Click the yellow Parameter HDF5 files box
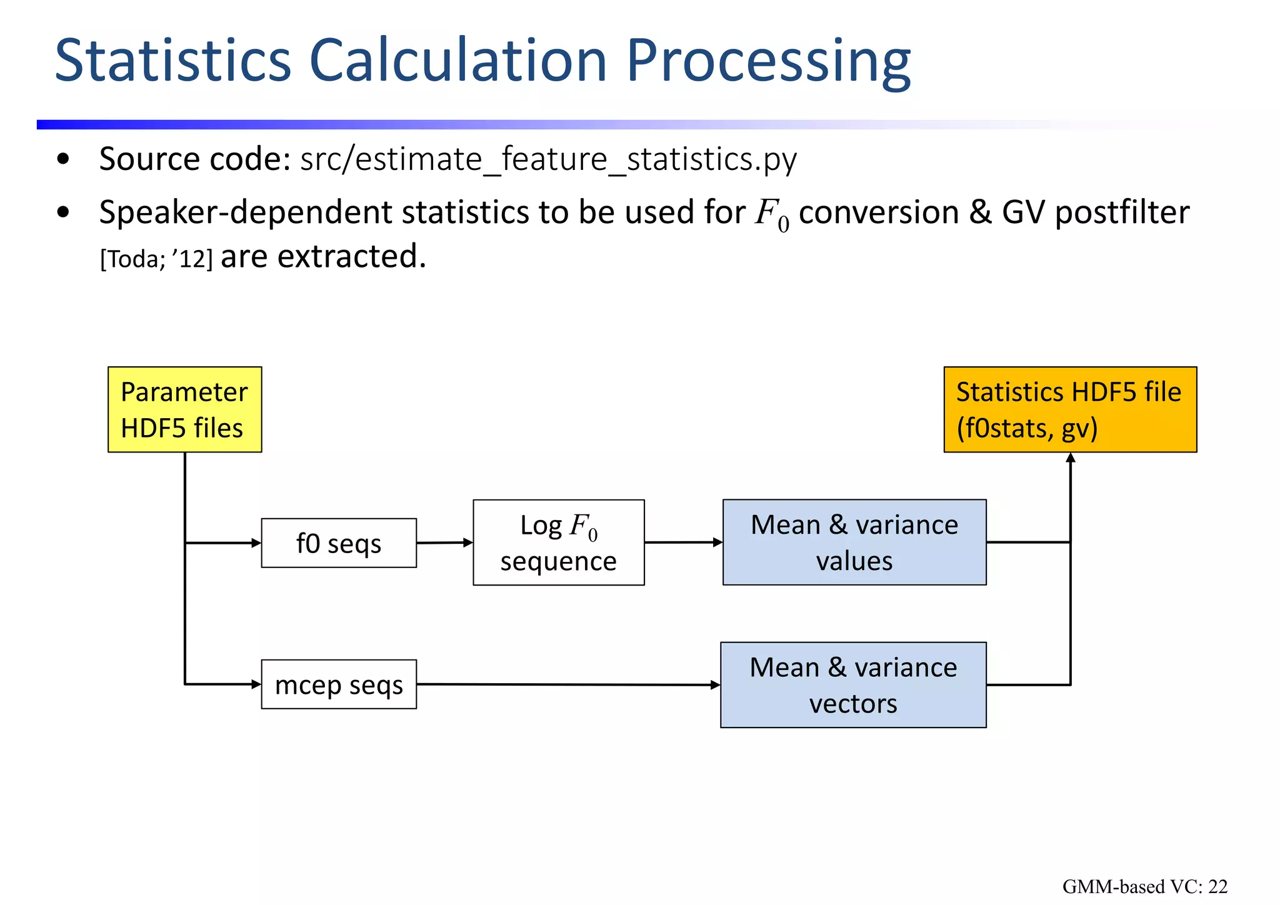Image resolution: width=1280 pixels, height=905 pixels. pos(184,409)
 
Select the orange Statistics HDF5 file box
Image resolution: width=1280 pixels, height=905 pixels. pos(1069,409)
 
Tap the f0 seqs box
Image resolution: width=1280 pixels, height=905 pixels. pos(339,543)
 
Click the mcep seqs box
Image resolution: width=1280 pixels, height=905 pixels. pos(339,684)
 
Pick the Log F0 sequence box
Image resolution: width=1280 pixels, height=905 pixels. pos(558,542)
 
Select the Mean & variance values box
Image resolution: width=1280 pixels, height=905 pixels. pos(854,542)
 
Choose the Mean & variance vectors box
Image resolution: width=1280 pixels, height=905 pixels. pos(853,685)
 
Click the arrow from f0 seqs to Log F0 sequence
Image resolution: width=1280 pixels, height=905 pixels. pos(444,542)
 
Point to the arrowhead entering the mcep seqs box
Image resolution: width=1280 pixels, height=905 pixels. pos(256,684)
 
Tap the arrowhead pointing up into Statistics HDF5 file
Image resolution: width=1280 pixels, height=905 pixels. pos(1070,458)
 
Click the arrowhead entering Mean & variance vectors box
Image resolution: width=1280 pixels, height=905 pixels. pos(716,685)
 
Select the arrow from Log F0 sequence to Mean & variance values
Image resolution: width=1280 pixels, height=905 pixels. pos(682,542)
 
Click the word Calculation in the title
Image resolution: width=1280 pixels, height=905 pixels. pos(457,61)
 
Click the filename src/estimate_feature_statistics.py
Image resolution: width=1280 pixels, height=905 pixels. pos(548,159)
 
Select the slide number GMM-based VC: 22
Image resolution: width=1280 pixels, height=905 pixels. pos(1144,886)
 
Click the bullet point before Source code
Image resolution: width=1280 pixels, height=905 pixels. pos(62,159)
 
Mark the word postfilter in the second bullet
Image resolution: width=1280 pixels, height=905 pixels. pos(1122,212)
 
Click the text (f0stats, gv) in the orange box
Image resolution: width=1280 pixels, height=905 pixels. pos(1027,428)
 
